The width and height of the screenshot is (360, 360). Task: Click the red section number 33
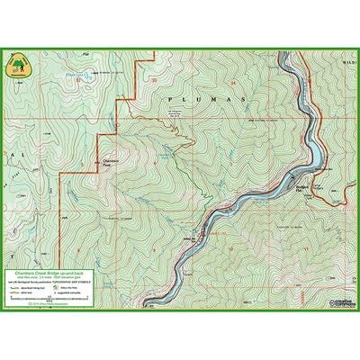pyautogui.click(x=155, y=82)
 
